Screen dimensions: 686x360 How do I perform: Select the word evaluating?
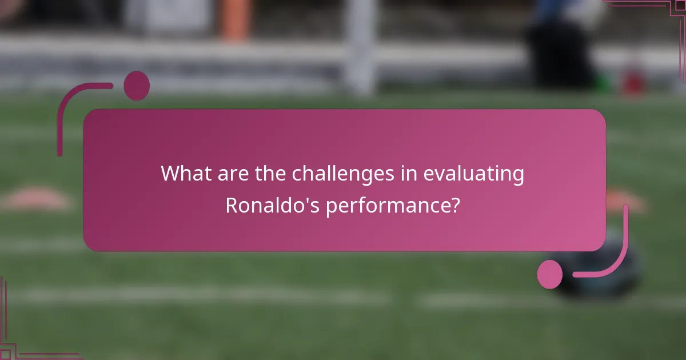473,174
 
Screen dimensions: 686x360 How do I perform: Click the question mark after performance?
454,206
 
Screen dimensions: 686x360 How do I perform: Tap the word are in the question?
230,174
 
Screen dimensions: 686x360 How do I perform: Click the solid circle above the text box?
137,86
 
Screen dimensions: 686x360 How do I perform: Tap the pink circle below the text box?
550,274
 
